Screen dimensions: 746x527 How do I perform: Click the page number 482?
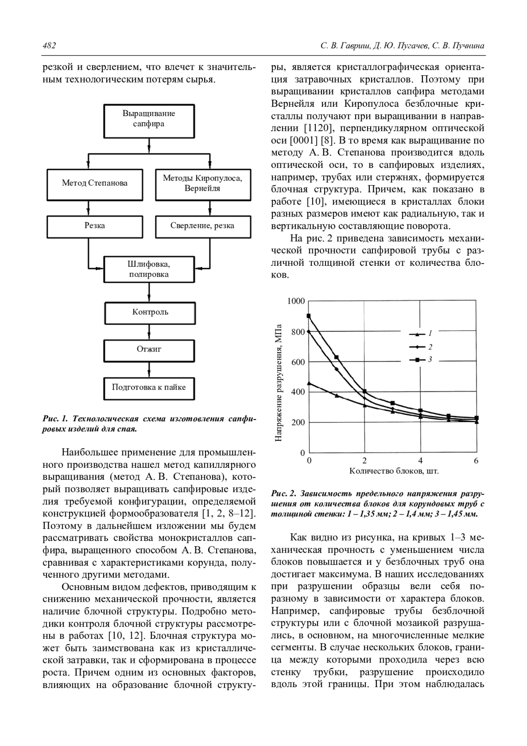pyautogui.click(x=49, y=46)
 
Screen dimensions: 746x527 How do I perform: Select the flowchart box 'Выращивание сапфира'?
pyautogui.click(x=149, y=121)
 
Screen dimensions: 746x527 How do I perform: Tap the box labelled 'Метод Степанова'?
pyautogui.click(x=94, y=183)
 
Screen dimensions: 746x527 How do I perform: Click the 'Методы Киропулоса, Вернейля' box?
pyautogui.click(x=202, y=183)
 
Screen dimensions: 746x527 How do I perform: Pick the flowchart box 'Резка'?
pyautogui.click(x=94, y=226)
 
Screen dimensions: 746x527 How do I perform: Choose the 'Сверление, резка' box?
pyautogui.click(x=202, y=226)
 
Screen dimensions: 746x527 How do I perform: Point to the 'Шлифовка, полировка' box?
pyautogui.click(x=149, y=269)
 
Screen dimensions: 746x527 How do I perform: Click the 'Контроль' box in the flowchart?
pyautogui.click(x=150, y=312)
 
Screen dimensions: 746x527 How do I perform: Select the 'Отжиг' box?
pyautogui.click(x=149, y=350)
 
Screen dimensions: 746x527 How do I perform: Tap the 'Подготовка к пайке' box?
pyautogui.click(x=149, y=387)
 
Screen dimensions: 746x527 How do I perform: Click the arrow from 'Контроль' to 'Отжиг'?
pyautogui.click(x=149, y=331)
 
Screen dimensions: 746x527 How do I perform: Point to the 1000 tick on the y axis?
pyautogui.click(x=296, y=301)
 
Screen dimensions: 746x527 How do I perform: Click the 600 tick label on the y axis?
pyautogui.click(x=298, y=362)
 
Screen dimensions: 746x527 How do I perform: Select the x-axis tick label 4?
pyautogui.click(x=420, y=461)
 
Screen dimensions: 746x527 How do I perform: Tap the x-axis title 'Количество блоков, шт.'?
pyautogui.click(x=394, y=471)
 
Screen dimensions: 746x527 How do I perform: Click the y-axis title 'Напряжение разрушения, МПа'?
pyautogui.click(x=278, y=382)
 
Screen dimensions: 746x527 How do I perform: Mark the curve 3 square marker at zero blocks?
pyautogui.click(x=309, y=315)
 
